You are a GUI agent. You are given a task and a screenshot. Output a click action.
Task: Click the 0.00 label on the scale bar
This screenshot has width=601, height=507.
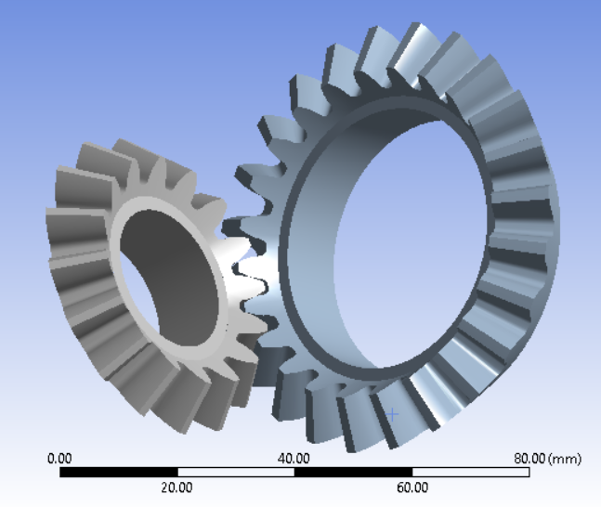coord(59,459)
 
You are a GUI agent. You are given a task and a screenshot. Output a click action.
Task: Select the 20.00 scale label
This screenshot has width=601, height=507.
coord(177,487)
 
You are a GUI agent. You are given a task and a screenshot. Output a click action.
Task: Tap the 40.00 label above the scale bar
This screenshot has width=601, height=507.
coord(294,459)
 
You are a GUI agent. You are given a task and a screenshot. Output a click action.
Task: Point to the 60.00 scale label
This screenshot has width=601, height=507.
coord(412,487)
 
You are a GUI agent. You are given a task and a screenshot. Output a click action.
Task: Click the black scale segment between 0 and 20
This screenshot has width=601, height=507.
coord(118,473)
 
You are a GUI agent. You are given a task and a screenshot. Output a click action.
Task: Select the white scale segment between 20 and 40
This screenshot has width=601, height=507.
coord(236,473)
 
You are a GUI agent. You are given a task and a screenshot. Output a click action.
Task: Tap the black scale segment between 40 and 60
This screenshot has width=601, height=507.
coord(353,473)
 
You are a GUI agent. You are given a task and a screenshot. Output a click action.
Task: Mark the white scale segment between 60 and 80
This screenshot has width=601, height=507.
coord(471,473)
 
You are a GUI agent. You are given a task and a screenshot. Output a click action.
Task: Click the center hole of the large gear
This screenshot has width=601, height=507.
coord(409,241)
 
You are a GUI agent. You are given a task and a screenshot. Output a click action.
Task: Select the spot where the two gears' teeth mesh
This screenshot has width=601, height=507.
coord(243,269)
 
